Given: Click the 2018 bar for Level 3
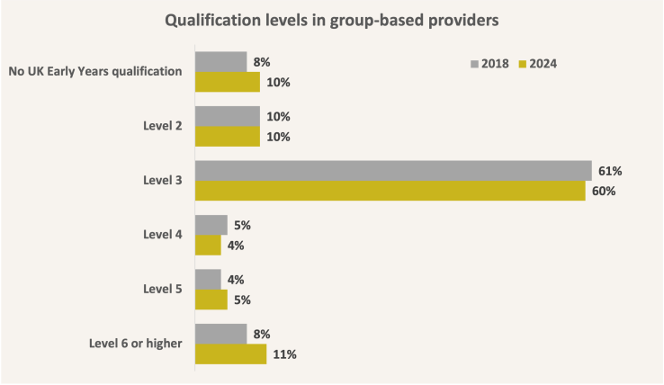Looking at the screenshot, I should point(392,171).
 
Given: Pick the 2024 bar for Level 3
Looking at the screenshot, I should point(390,191).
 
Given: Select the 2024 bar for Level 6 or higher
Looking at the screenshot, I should point(230,354).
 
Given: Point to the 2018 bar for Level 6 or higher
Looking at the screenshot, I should point(220,334).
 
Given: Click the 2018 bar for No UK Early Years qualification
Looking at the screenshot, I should point(220,62).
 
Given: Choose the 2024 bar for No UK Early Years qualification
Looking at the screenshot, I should point(227,83).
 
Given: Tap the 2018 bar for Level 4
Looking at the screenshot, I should point(211,225).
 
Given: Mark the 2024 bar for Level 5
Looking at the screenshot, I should point(211,300).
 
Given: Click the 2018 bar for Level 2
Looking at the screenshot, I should point(227,116).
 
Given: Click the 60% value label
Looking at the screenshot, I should point(603,191).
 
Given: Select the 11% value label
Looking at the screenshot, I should point(284,354).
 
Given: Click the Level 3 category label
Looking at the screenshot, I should point(164,181).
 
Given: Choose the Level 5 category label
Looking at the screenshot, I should point(164,290).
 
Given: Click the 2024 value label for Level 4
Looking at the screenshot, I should point(237,246).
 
